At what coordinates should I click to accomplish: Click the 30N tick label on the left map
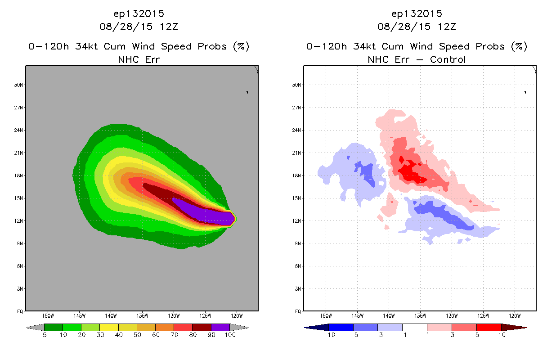tap(18, 85)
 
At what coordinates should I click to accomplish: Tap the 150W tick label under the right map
tap(326, 316)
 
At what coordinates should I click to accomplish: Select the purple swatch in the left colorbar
tap(221, 327)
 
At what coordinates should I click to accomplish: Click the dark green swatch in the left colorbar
tap(54, 327)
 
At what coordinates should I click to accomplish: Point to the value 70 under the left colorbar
tap(175, 335)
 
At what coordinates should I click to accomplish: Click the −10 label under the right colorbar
tap(329, 335)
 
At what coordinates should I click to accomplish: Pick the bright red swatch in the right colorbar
tap(489, 327)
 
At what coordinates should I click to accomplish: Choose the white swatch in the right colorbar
tap(415, 327)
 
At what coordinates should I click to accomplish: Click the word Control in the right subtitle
tap(448, 59)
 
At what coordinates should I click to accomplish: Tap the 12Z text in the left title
tap(169, 27)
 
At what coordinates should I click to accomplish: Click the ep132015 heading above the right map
tap(417, 13)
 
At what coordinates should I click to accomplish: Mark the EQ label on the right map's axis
tap(298, 311)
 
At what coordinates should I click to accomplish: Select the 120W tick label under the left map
tap(237, 316)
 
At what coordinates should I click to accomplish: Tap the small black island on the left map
tap(247, 92)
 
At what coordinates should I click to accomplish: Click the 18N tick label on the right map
tap(296, 175)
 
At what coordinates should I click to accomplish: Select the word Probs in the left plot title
tap(212, 46)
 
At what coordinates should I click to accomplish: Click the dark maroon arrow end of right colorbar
tap(514, 327)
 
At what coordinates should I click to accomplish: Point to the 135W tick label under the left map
tap(142, 316)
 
